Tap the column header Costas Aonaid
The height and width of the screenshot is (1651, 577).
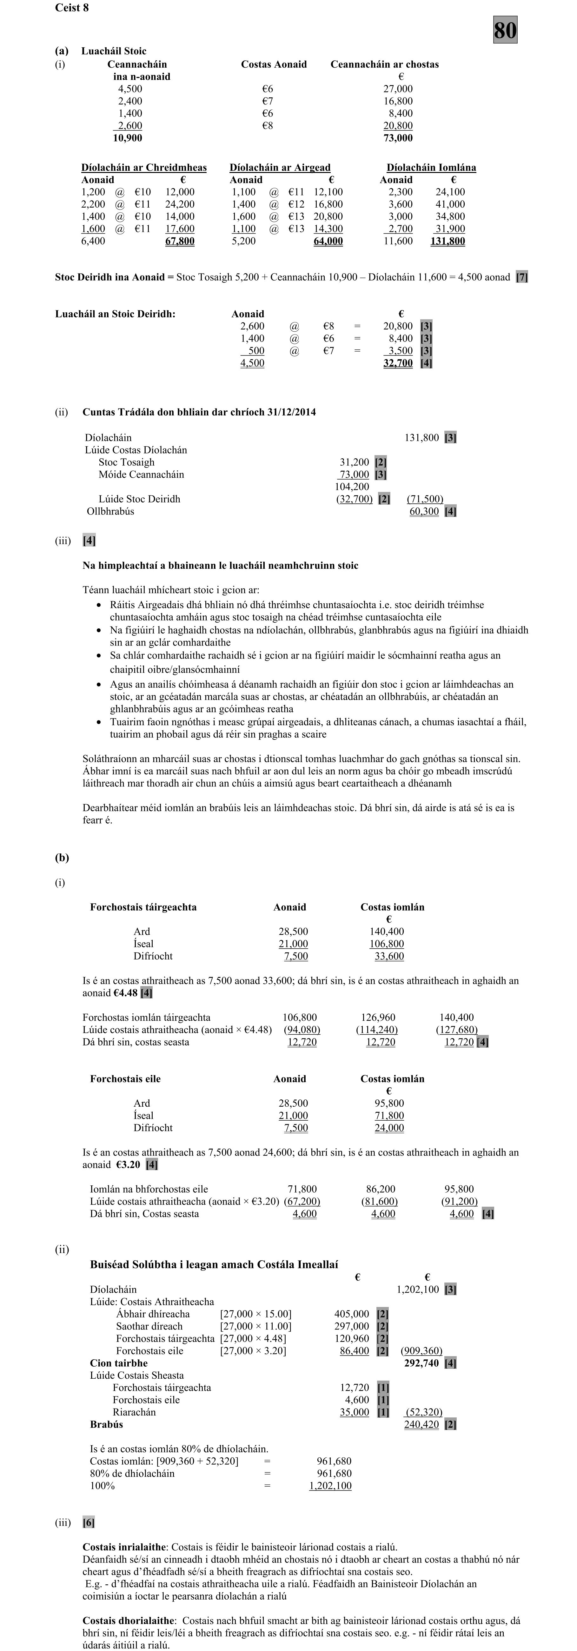coord(274,64)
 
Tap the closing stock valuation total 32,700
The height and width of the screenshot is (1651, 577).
coord(397,363)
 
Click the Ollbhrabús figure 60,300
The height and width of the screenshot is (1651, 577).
coord(424,511)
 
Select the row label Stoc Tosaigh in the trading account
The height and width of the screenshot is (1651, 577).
coord(126,462)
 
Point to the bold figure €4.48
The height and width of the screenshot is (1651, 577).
coord(126,993)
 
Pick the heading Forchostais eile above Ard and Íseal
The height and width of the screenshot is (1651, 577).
coord(125,1079)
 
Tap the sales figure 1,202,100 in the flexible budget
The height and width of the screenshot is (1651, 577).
coord(417,1289)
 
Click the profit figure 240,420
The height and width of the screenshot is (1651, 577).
coord(421,1424)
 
